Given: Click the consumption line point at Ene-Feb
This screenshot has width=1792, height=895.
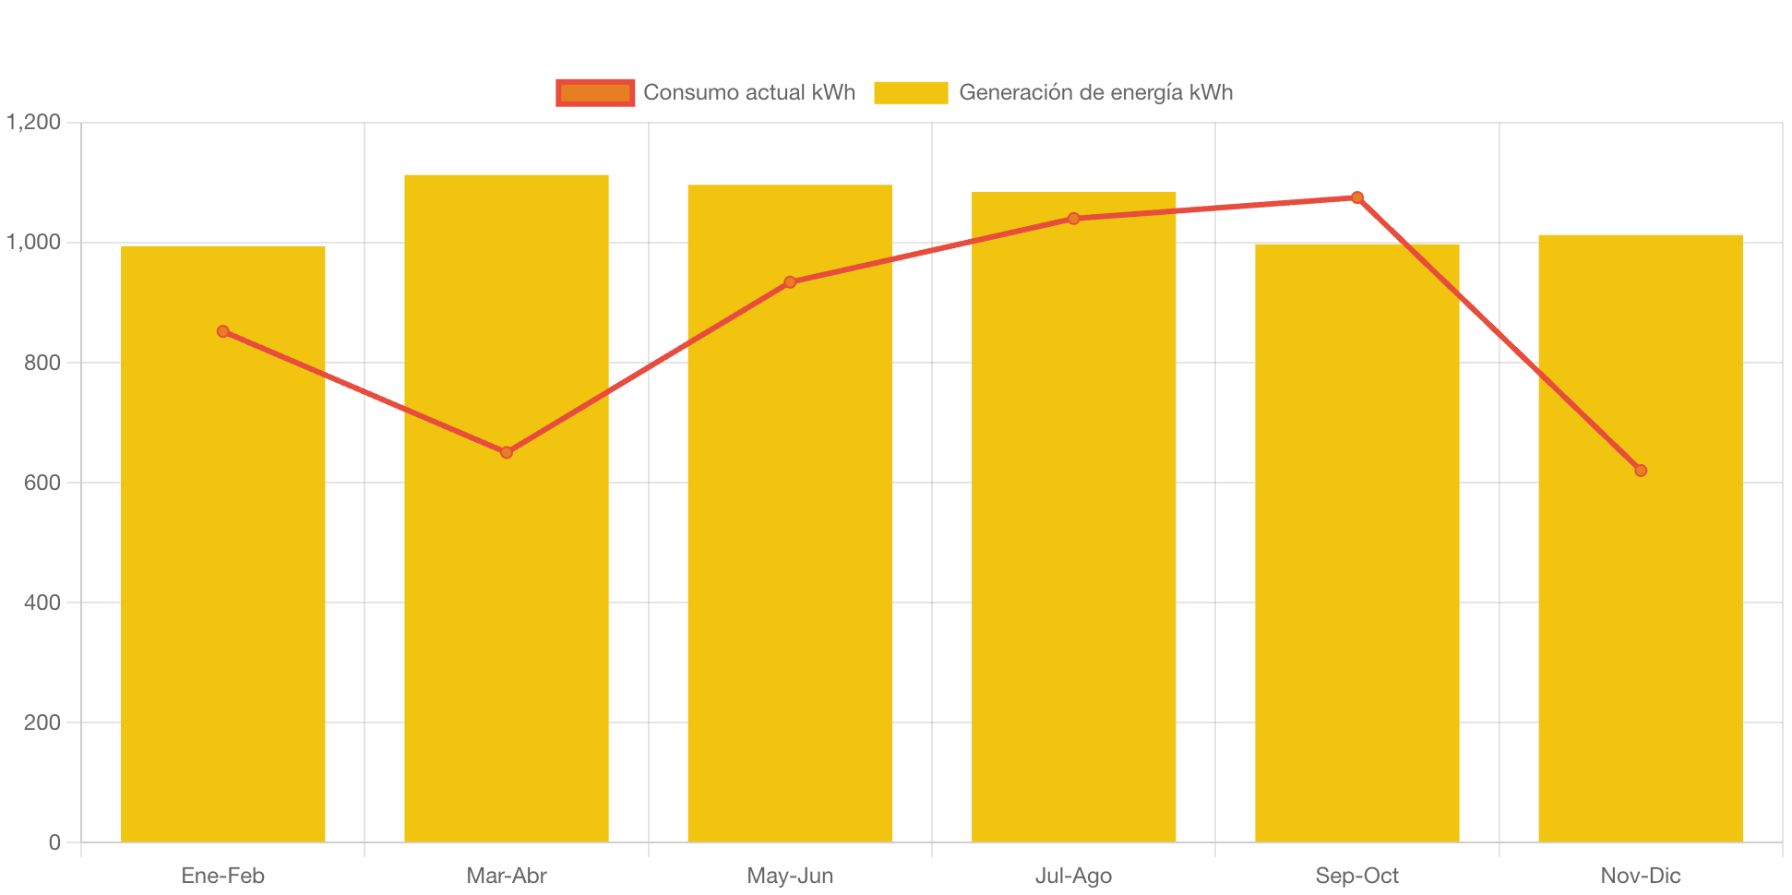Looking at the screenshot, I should coord(223,331).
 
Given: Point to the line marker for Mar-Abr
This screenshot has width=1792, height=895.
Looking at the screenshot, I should coord(507,452).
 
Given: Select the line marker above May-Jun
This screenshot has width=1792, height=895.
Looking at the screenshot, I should coord(790,282).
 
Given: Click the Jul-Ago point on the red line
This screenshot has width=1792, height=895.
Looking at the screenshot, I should coord(1074,219).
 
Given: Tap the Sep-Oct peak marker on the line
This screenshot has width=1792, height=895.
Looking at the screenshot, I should coord(1357,197).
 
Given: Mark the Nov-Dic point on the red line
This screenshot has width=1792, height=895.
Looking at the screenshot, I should coord(1641,471).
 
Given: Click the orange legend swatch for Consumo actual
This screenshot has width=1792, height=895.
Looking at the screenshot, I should coord(595,92).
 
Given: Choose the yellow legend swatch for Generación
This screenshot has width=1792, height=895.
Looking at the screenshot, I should coord(911,92).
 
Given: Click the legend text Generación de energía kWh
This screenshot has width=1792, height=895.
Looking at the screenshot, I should coord(1095,92).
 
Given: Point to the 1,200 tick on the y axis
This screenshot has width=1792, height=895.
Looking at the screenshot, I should coord(34,122).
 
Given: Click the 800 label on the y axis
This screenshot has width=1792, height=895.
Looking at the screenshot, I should coord(42,363).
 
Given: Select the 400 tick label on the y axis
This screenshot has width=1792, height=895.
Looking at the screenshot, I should coord(42,603).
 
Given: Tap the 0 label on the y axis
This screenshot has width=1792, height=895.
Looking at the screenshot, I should coord(54,842).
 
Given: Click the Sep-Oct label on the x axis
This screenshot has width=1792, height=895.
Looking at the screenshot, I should coord(1357,876).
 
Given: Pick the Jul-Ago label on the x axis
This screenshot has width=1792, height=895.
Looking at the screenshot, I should coord(1074,876).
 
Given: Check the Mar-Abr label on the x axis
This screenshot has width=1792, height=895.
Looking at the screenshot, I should coord(507,876).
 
